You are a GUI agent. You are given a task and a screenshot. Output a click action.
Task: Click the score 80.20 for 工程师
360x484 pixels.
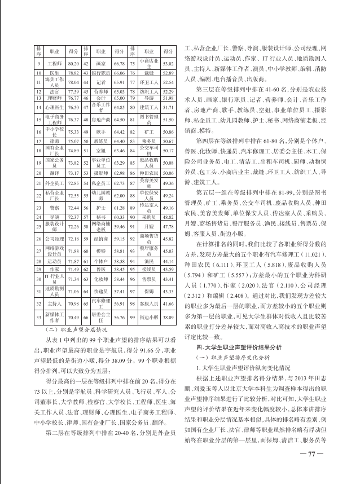pos(73,64)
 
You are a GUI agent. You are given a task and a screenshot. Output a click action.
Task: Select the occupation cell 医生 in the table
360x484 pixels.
pos(55,73)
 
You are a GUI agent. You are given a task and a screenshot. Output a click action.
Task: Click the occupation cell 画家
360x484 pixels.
pos(102,64)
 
